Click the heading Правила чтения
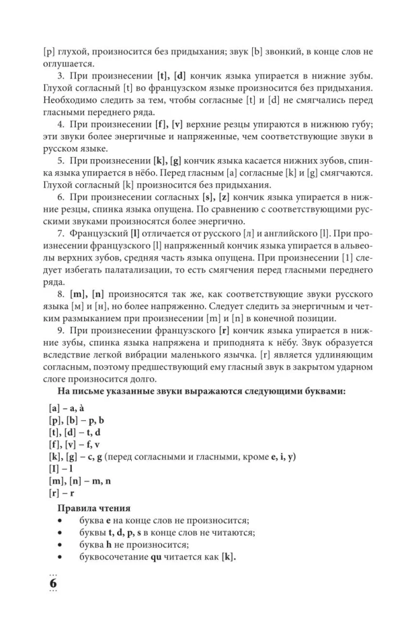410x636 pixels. point(94,508)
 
